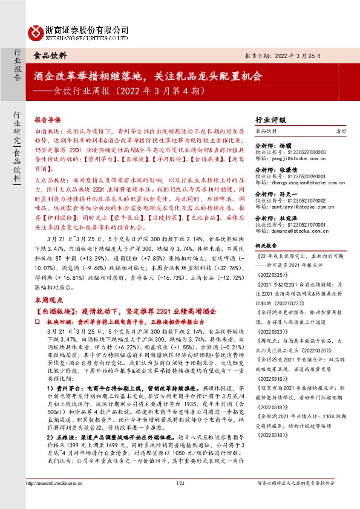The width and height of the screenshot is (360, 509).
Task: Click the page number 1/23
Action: coord(180,501)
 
